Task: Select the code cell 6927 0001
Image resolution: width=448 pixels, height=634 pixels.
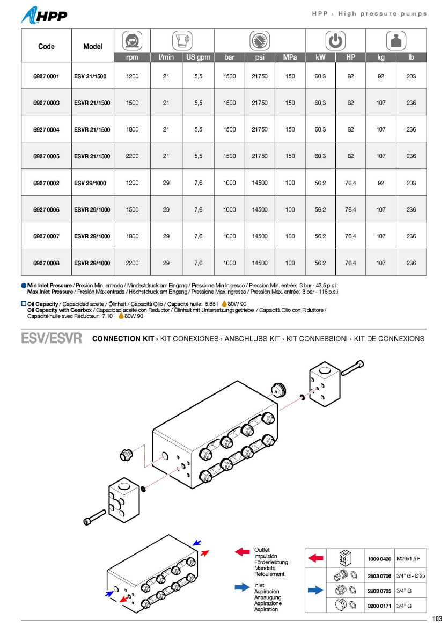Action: point(46,76)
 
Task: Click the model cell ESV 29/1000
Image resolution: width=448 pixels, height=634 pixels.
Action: point(90,183)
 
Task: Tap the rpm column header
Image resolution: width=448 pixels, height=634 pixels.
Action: point(132,57)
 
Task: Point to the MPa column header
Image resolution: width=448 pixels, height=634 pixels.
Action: point(290,57)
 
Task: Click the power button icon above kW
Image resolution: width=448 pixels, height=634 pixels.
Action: point(335,41)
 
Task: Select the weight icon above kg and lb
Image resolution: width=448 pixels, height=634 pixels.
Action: point(396,41)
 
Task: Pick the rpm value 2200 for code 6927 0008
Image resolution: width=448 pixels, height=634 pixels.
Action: point(132,263)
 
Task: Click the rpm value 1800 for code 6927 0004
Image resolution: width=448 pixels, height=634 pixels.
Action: point(132,129)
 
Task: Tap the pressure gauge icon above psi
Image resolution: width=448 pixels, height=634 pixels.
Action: point(260,41)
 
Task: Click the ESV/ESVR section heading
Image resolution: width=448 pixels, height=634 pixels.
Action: point(52,339)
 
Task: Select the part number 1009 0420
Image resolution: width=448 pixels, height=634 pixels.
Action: point(379,559)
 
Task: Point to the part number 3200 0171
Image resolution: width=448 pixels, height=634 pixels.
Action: point(379,606)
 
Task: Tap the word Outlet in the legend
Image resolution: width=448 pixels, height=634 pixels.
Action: point(262,550)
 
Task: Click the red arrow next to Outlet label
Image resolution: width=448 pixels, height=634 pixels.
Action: point(243,552)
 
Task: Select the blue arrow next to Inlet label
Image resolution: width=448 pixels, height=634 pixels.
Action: point(243,588)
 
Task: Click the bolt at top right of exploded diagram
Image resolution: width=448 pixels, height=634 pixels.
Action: point(352,368)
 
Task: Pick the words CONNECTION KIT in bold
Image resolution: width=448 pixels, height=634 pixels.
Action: point(123,339)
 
